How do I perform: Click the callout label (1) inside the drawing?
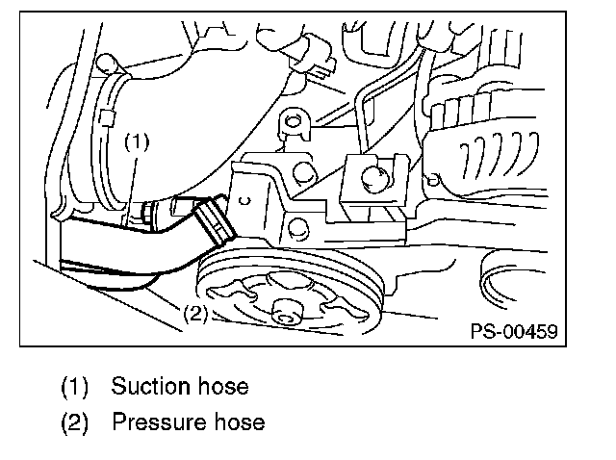coord(138,141)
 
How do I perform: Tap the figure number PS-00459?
coord(512,331)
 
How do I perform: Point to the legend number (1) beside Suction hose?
coord(76,387)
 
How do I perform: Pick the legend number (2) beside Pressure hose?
coord(76,422)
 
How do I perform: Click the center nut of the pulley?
coord(284,312)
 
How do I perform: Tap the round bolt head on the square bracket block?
coord(376,176)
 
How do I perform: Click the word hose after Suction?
coord(221,387)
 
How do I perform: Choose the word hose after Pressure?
coord(237,422)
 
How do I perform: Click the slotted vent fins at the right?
coord(481,154)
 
